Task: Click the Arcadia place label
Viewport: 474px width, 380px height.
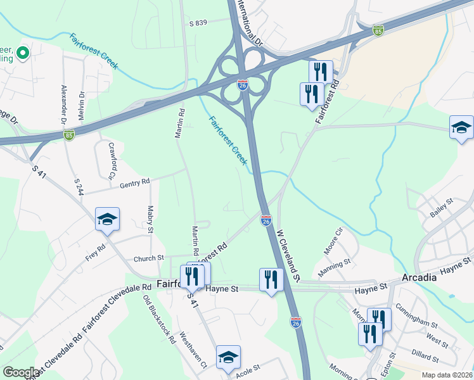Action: (x=419, y=277)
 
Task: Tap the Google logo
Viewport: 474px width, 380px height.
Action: (x=21, y=372)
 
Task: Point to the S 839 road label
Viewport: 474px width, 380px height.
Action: (x=198, y=23)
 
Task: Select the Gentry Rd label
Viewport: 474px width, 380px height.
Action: (x=134, y=182)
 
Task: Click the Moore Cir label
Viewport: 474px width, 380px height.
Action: (x=333, y=241)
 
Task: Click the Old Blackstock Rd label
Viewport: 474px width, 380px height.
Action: (x=159, y=319)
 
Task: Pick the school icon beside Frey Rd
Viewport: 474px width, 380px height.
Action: (x=107, y=220)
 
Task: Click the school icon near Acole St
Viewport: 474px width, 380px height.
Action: (x=228, y=357)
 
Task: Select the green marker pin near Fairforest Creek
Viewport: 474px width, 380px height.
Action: (x=23, y=53)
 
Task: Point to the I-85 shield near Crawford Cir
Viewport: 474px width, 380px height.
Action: (x=69, y=134)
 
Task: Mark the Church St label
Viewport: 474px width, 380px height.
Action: (x=148, y=258)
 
